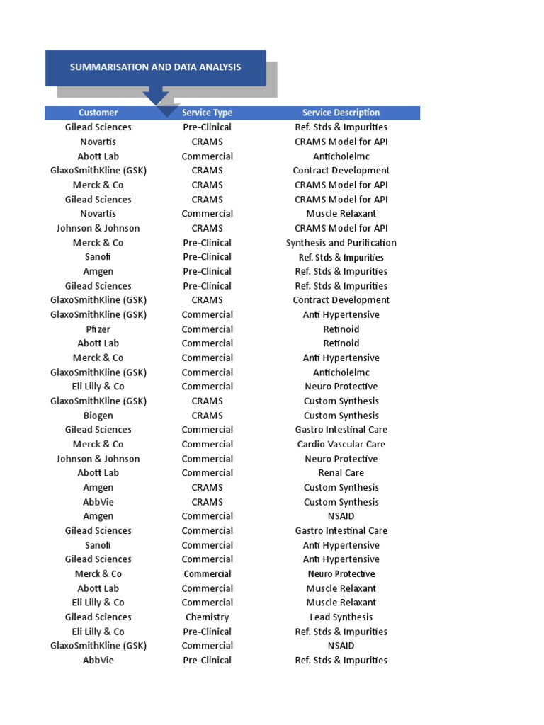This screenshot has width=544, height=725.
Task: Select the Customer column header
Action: click(98, 113)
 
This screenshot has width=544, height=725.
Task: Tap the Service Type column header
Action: click(207, 113)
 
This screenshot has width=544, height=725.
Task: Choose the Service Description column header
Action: click(341, 113)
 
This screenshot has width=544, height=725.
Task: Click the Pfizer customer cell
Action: click(98, 329)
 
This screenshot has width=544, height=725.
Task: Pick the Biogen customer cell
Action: click(98, 416)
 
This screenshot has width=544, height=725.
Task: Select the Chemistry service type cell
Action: click(207, 617)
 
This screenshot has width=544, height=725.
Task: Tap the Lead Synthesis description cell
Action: click(341, 617)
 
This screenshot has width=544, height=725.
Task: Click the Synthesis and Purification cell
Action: click(341, 243)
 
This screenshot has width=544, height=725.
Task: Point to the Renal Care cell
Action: click(341, 473)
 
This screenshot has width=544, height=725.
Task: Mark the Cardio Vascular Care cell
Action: click(341, 445)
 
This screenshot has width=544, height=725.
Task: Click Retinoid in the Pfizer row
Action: click(341, 329)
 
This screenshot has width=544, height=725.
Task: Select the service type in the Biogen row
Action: click(207, 416)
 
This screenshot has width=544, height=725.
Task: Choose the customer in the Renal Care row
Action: click(98, 473)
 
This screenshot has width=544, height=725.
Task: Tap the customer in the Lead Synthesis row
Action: click(98, 617)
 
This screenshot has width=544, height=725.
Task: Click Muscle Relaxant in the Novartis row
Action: click(341, 214)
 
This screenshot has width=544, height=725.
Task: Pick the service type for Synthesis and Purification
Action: click(207, 243)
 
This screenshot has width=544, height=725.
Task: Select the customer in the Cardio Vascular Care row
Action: click(98, 445)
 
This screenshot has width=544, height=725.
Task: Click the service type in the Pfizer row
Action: click(207, 329)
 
